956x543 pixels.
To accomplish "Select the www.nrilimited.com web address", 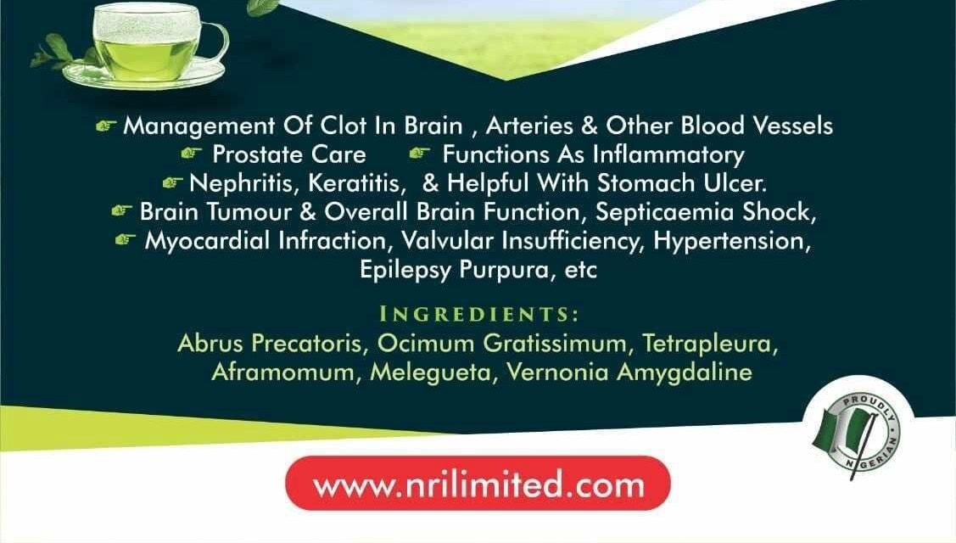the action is [x=478, y=484].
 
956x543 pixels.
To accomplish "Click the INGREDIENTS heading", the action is [x=478, y=314].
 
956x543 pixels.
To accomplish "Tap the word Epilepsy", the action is [x=405, y=270].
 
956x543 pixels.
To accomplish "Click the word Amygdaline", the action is [x=684, y=372].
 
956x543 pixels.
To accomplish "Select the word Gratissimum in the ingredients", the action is [x=554, y=343].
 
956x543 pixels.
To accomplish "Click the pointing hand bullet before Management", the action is [x=106, y=126].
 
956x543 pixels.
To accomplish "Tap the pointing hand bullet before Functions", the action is [x=419, y=153].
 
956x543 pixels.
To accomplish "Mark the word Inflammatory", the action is [x=668, y=155].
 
